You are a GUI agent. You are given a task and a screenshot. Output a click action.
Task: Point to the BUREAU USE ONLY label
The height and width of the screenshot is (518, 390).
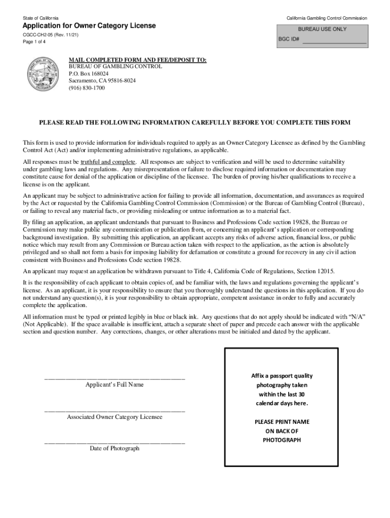(x=322, y=29)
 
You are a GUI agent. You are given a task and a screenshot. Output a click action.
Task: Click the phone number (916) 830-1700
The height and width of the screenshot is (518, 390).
(x=87, y=88)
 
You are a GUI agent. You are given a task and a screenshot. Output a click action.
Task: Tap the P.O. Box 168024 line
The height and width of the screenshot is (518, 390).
(x=89, y=74)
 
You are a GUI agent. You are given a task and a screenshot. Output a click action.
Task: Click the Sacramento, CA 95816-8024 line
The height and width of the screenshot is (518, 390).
(x=102, y=80)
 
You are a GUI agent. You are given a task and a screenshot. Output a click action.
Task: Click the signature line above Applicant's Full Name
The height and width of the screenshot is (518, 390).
(x=114, y=378)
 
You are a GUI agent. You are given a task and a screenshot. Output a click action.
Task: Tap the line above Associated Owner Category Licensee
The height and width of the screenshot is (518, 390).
(x=114, y=411)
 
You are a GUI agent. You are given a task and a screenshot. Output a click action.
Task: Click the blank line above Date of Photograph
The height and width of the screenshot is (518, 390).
(x=114, y=443)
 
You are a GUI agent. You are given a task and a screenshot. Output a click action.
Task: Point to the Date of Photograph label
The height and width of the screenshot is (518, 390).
(x=114, y=449)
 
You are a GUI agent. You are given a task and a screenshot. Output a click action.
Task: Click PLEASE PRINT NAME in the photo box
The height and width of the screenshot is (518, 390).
(x=282, y=421)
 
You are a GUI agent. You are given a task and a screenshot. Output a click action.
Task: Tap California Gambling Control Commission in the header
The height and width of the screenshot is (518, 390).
(x=327, y=18)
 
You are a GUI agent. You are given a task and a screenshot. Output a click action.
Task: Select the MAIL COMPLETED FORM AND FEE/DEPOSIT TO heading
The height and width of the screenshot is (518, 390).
(x=137, y=60)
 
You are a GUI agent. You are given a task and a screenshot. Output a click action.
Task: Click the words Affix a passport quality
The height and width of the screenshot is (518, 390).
(x=282, y=376)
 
